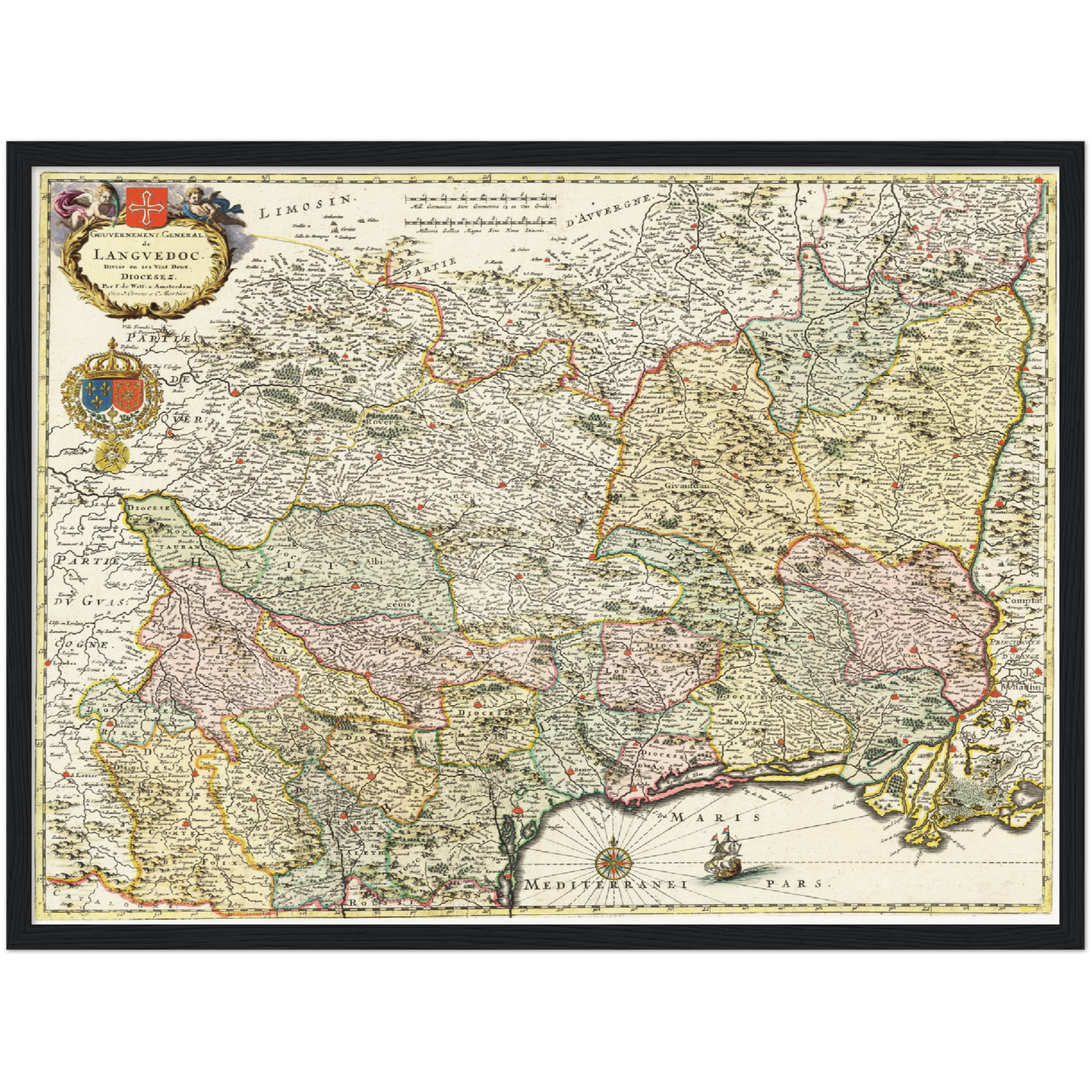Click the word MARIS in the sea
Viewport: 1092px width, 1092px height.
click(x=716, y=818)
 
